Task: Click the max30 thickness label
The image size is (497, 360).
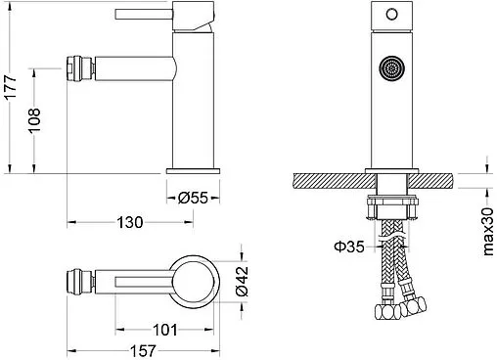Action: click(486, 229)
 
